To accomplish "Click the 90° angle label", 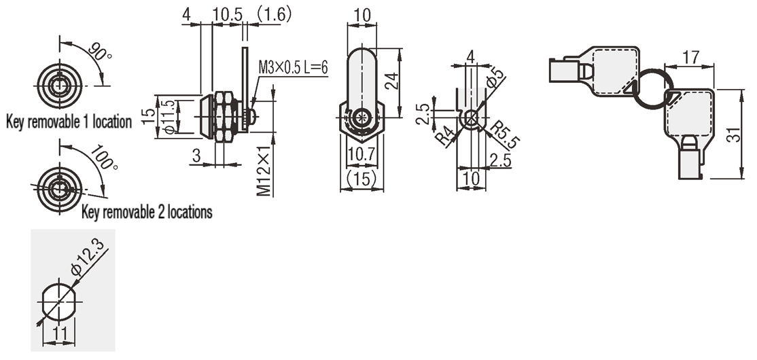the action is tap(100, 51).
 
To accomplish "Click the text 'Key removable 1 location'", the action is tap(69, 122).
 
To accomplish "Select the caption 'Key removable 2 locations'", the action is tap(147, 211).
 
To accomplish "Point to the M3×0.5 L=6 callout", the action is tap(293, 67).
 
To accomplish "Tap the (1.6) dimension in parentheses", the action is tap(274, 14).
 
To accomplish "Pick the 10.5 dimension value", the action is tap(228, 14).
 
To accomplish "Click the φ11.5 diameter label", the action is tap(169, 117).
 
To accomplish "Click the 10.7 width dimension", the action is tap(362, 154).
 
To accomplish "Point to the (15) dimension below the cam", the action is tap(362, 179).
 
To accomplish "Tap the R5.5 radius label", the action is tap(505, 134).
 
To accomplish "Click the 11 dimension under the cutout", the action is tap(59, 333).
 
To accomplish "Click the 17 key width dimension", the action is tap(691, 58).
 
